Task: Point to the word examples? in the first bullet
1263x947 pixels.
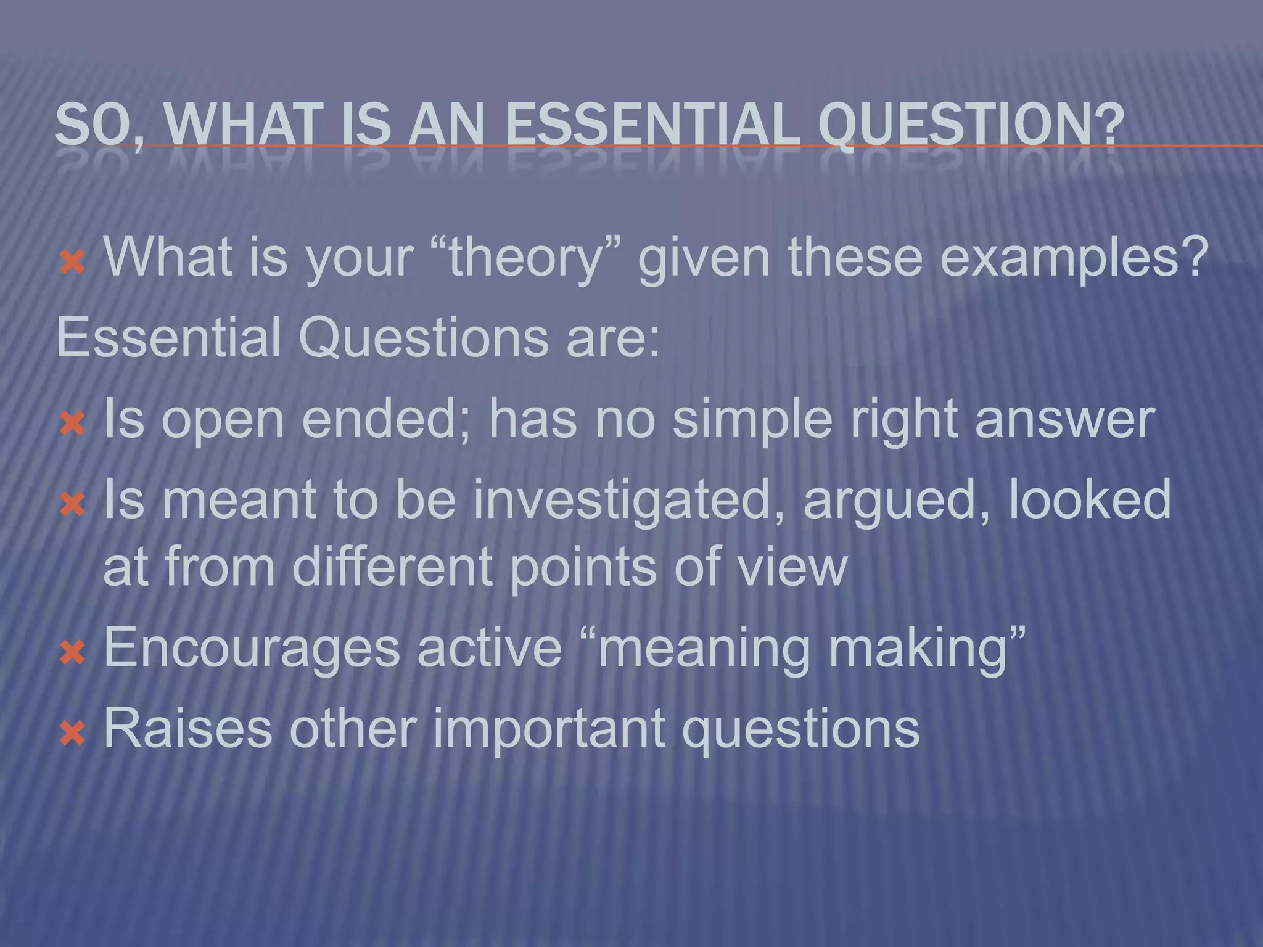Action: point(1074,258)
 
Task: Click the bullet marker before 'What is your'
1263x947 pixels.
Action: point(73,263)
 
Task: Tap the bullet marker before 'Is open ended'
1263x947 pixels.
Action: point(73,424)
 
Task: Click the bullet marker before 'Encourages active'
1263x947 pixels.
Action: point(73,652)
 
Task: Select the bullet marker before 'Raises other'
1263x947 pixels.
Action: point(73,734)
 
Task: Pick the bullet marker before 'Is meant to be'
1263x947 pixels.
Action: point(73,505)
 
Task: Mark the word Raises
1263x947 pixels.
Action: point(187,729)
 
